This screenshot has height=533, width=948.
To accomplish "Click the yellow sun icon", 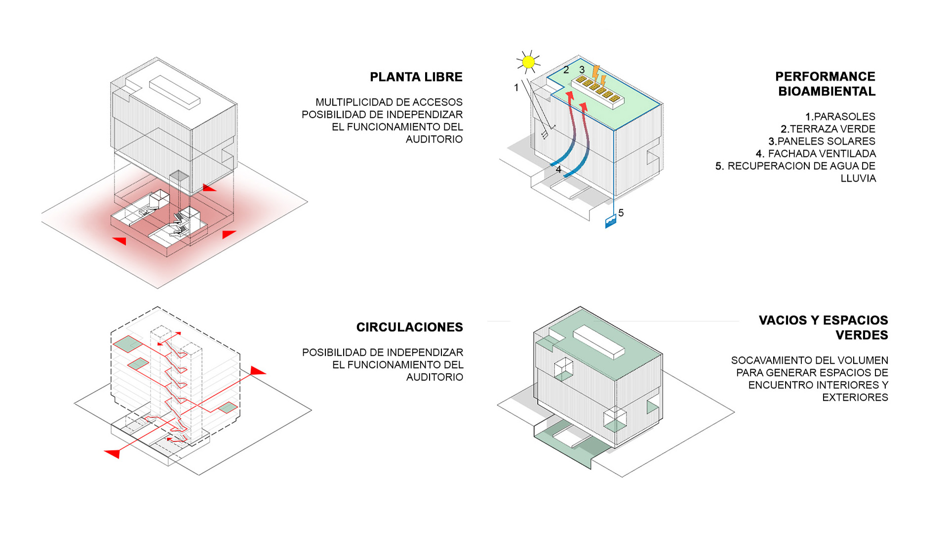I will (528, 62).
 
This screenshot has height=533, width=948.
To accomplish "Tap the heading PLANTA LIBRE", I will (416, 77).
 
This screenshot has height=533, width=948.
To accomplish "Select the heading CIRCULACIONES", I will (409, 327).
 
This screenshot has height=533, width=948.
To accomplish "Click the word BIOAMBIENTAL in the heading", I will (827, 91).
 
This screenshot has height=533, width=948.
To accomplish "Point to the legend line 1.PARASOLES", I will (840, 116).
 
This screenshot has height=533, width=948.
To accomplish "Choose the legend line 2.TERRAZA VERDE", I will (828, 129).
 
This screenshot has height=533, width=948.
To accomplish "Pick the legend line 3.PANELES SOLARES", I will (822, 141).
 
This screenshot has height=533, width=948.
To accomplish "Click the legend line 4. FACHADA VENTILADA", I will (816, 153).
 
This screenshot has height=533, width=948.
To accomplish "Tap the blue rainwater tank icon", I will (610, 222).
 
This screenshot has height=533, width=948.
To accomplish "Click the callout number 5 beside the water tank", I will (621, 213).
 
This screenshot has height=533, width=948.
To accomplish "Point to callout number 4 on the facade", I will (558, 169).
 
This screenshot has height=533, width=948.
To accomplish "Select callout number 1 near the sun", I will (516, 87).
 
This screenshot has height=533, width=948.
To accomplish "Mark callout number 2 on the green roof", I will (566, 70).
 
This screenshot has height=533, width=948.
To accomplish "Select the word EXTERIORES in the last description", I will (855, 397).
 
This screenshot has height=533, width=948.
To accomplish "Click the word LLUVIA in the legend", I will (858, 178).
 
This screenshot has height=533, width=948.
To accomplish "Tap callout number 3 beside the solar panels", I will (582, 70).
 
